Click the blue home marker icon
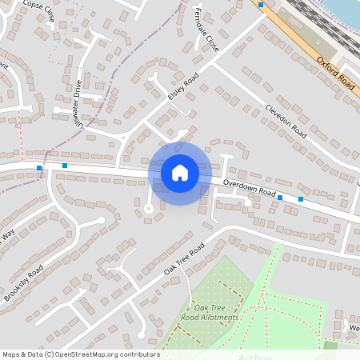[x=180, y=173]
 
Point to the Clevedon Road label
[x=286, y=120]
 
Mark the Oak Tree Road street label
[x=185, y=257]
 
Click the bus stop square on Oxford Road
[x=261, y=4]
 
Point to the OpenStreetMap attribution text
[x=81, y=354]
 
